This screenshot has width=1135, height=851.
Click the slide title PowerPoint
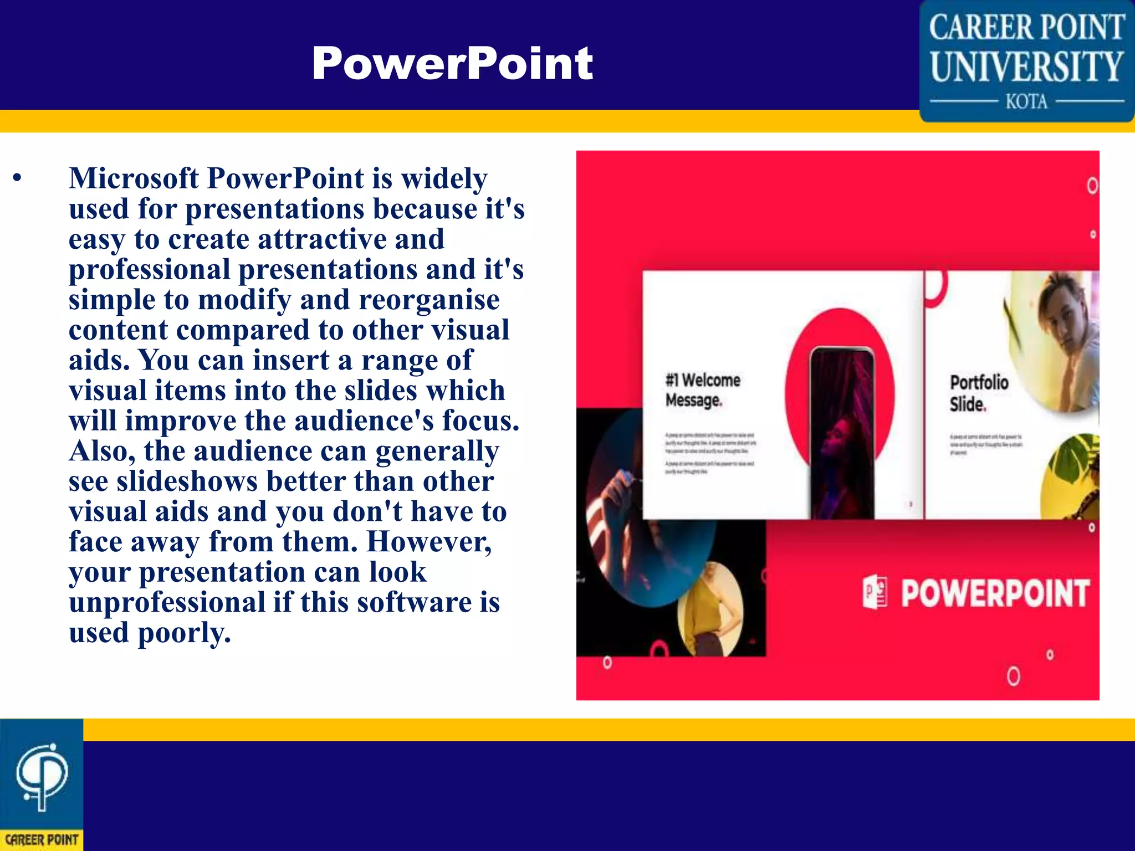pos(452,64)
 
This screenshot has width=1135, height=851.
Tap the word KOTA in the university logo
pos(1026,102)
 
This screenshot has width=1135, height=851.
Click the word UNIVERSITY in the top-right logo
pos(1026,67)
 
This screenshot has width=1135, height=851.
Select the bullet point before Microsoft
pos(18,178)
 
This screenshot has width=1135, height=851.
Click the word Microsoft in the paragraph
pos(134,178)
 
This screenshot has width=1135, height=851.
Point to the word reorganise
pos(429,300)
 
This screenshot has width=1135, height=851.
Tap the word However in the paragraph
pos(428,542)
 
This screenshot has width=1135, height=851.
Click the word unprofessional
pos(167,602)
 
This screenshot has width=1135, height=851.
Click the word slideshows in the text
pos(187,481)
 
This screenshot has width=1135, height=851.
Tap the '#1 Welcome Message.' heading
pos(702,390)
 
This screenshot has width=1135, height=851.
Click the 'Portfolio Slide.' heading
pos(978,393)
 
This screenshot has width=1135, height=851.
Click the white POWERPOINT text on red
pos(994,593)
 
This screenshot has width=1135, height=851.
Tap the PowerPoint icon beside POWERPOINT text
pos(875,592)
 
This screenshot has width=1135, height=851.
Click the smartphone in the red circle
pos(842,432)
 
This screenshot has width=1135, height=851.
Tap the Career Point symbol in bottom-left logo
pos(42,776)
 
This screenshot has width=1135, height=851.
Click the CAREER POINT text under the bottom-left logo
pos(42,839)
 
